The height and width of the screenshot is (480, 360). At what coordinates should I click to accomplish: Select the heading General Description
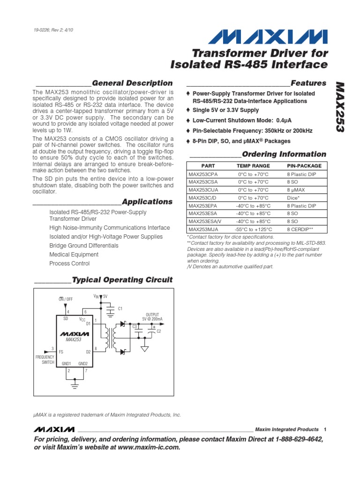(x=139, y=83)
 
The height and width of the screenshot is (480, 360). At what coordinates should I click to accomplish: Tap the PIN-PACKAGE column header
(x=304, y=166)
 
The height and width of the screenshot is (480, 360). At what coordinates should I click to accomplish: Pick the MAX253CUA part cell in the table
(x=203, y=190)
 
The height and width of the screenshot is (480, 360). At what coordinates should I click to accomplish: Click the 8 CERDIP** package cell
(x=300, y=230)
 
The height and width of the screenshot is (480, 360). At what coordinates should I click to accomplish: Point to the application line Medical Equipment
(x=74, y=255)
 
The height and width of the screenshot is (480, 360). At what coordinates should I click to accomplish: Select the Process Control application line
(x=69, y=263)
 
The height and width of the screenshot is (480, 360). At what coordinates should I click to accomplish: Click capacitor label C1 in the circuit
(x=120, y=308)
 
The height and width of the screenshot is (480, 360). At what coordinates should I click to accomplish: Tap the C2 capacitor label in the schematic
(x=158, y=331)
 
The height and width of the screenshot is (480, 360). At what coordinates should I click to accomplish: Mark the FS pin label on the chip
(x=61, y=351)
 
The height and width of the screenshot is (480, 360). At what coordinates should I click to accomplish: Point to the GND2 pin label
(x=83, y=364)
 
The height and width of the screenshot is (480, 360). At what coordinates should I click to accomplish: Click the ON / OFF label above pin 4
(x=66, y=299)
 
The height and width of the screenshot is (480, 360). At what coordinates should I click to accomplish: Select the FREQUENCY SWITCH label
(x=45, y=360)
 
